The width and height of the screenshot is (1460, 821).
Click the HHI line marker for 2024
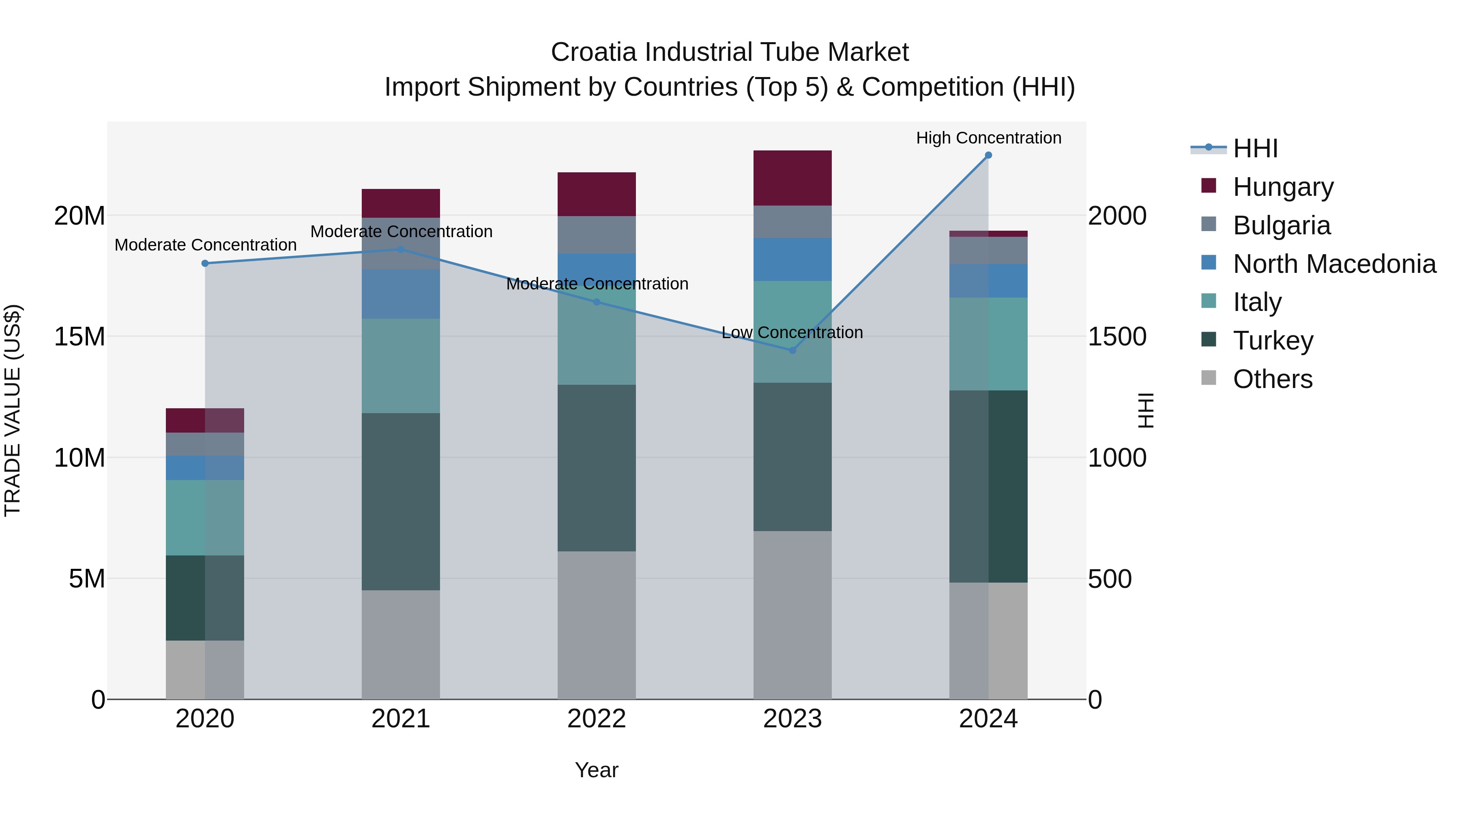tap(988, 155)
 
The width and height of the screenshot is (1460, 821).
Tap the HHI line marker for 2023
tap(792, 350)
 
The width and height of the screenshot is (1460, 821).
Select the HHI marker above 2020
tap(205, 264)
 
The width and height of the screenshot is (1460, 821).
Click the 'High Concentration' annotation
tap(988, 138)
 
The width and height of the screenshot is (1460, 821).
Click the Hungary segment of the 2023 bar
tap(792, 178)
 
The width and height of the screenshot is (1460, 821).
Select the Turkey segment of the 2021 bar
tap(401, 502)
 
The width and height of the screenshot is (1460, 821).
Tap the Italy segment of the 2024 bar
tap(988, 344)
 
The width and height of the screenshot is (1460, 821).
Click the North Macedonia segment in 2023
tap(792, 259)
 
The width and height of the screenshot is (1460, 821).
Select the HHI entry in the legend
tap(1255, 148)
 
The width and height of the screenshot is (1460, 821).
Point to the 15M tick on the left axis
tap(79, 337)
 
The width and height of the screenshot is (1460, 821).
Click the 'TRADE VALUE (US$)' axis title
tap(13, 410)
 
